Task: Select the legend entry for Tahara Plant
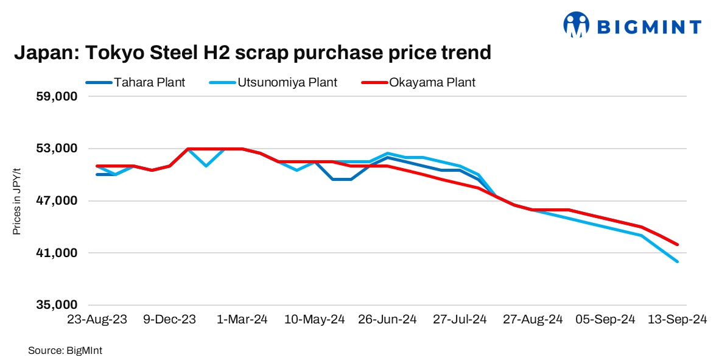149,82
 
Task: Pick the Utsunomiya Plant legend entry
295,82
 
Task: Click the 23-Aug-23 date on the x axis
97,320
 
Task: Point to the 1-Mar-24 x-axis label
242,320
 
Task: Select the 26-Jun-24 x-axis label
387,320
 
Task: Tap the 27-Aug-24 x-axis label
532,320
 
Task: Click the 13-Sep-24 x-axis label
677,320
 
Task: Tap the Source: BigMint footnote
60,350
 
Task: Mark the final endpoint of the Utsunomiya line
678,262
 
